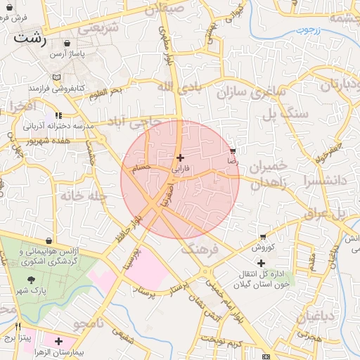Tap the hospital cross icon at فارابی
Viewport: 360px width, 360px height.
pyautogui.click(x=181, y=158)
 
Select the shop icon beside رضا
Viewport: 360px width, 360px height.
pyautogui.click(x=233, y=151)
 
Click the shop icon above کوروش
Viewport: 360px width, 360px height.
pyautogui.click(x=262, y=237)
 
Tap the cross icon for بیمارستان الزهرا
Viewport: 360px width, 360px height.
pyautogui.click(x=58, y=340)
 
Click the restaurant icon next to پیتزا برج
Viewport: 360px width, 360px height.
pyautogui.click(x=18, y=327)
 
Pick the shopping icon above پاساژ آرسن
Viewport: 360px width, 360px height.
pyautogui.click(x=60, y=43)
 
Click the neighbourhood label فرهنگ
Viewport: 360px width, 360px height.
pyautogui.click(x=200, y=248)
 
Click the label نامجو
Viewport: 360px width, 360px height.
pyautogui.click(x=89, y=324)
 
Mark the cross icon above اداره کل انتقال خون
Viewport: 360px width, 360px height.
pyautogui.click(x=261, y=263)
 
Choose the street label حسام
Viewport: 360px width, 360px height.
pyautogui.click(x=141, y=168)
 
